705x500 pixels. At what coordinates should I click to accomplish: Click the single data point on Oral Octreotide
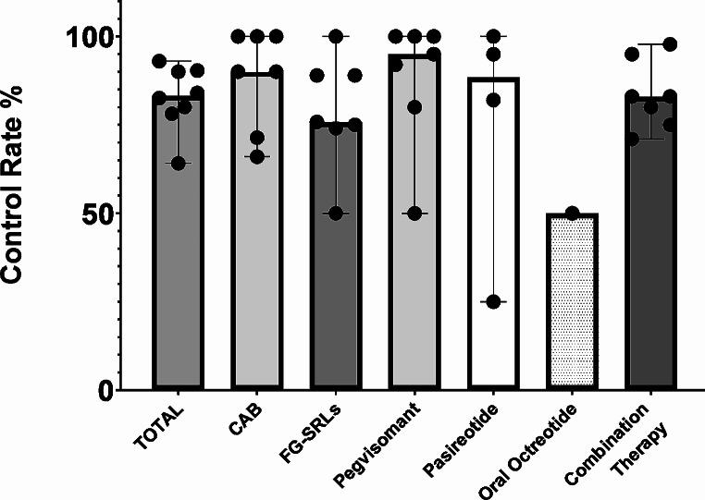click(572, 213)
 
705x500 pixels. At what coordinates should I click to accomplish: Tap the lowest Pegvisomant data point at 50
click(415, 213)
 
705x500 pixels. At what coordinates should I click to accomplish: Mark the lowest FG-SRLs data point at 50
click(337, 213)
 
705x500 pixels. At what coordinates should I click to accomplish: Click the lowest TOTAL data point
click(179, 164)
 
